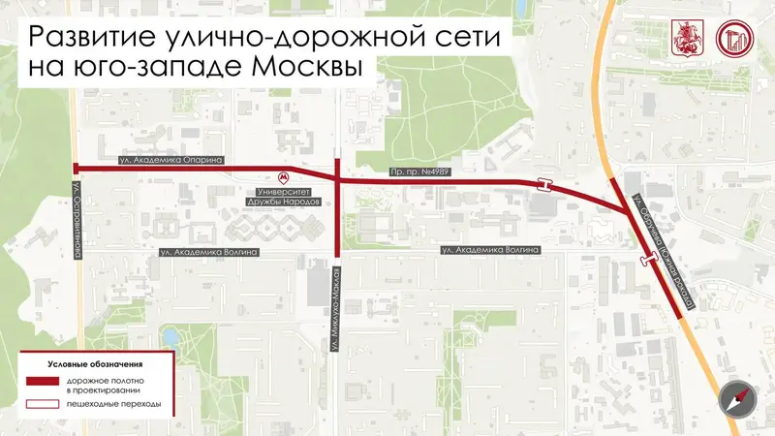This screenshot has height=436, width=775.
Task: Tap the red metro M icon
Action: point(283,177)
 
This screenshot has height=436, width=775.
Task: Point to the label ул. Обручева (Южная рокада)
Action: point(663,252)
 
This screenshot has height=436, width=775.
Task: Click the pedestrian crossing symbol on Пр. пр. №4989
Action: point(547,184)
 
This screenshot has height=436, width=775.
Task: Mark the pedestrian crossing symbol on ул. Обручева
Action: point(650,259)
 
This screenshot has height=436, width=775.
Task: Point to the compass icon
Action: point(735,398)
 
